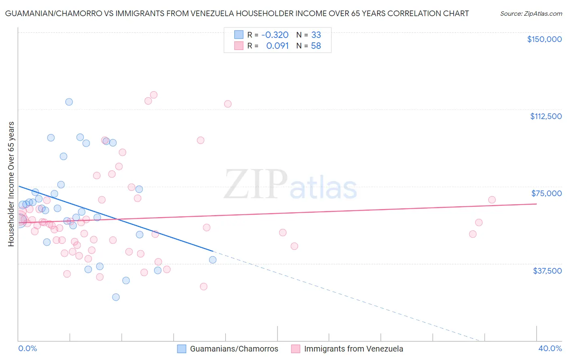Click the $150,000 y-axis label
[544, 39]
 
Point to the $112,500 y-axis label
[546, 116]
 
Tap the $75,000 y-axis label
[546, 193]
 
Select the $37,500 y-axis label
[547, 271]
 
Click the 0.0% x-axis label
[27, 348]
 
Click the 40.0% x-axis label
[550, 348]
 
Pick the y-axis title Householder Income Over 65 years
[11, 184]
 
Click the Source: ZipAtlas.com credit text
[531, 13]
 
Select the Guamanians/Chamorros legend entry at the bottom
[228, 349]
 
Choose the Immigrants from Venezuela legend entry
[347, 349]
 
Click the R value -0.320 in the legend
[275, 35]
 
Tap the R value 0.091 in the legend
[277, 46]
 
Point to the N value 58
[316, 46]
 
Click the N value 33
[316, 35]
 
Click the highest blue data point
[69, 102]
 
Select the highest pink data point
[154, 95]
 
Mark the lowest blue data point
[116, 297]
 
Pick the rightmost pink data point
[492, 200]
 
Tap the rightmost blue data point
[213, 260]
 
